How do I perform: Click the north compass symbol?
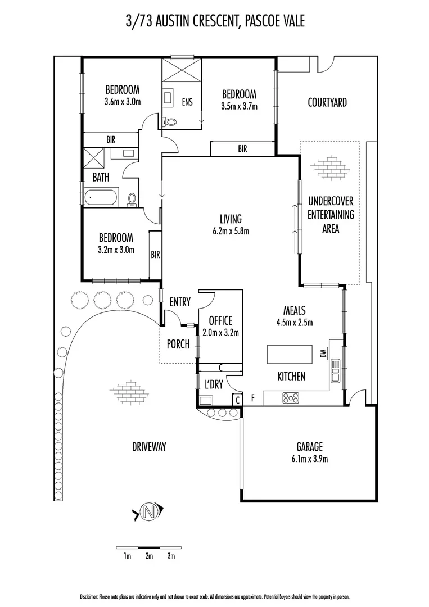pyautogui.click(x=148, y=512)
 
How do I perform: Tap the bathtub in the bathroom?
pyautogui.click(x=102, y=198)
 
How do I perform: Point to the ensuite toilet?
pyautogui.click(x=171, y=120)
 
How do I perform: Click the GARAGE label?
pyautogui.click(x=310, y=447)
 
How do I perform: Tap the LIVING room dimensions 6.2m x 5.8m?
pyautogui.click(x=231, y=230)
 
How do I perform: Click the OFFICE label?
pyautogui.click(x=220, y=321)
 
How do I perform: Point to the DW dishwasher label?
pyautogui.click(x=323, y=354)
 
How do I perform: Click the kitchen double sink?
pyautogui.click(x=336, y=370)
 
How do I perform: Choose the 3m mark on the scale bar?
pyautogui.click(x=171, y=556)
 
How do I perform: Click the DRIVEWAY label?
pyautogui.click(x=150, y=447)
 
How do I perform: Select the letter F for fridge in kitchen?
pyautogui.click(x=253, y=398)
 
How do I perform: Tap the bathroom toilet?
pyautogui.click(x=133, y=199)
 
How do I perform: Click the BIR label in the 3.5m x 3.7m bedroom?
pyautogui.click(x=242, y=150)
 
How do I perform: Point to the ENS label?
pyautogui.click(x=187, y=102)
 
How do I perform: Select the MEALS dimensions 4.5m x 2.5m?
pyautogui.click(x=294, y=323)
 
